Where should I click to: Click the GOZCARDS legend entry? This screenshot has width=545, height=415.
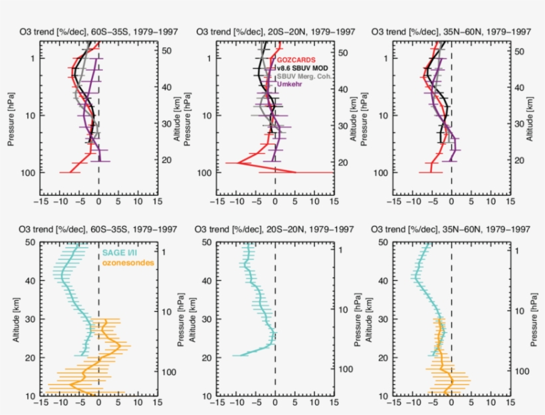click(x=297, y=59)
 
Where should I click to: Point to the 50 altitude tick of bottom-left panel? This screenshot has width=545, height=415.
click(x=31, y=243)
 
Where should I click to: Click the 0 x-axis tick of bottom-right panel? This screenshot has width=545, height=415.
click(x=451, y=402)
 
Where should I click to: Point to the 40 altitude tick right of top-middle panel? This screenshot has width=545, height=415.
click(x=344, y=89)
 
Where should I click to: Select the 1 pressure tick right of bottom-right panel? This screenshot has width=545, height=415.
click(x=518, y=251)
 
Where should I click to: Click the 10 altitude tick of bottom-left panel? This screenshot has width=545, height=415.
click(x=31, y=396)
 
